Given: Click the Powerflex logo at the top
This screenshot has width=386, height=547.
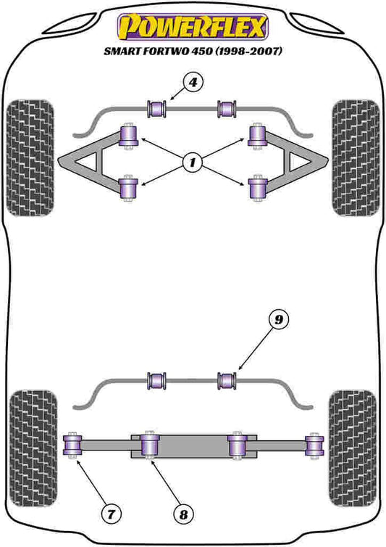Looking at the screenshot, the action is point(193,27).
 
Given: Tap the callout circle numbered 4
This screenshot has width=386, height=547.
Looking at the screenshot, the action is point(193,83).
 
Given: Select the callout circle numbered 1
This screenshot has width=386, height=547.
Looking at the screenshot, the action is point(193,163).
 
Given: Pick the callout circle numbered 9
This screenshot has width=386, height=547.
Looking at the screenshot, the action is point(279,319).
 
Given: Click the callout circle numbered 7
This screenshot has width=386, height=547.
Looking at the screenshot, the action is point(111,514).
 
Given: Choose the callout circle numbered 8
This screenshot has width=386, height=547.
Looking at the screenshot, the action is point(183,514).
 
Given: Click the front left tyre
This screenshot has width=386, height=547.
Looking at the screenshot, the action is point(30,157).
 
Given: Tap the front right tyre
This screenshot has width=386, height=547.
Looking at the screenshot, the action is point(356,157).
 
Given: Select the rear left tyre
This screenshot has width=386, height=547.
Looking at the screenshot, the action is point(33,449).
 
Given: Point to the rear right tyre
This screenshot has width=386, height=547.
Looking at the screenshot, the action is point(353,449).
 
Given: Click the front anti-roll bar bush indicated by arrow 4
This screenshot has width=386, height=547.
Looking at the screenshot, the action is point(156,109).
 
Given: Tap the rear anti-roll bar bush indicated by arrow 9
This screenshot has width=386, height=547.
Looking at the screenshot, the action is point(227,381).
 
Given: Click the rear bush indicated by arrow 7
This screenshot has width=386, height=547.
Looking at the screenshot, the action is point(72,445).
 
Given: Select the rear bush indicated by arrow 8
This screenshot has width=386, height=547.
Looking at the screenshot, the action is point(150,445).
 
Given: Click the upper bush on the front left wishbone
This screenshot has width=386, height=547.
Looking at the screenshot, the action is point(129,136).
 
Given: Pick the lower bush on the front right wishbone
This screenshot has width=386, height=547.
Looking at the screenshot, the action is point(257,189).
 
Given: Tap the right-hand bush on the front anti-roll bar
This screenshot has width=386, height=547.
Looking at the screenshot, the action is point(227,109).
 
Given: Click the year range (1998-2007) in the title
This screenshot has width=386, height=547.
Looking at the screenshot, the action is point(248,51).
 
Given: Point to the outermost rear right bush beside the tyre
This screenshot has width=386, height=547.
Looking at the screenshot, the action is point(314,445).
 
